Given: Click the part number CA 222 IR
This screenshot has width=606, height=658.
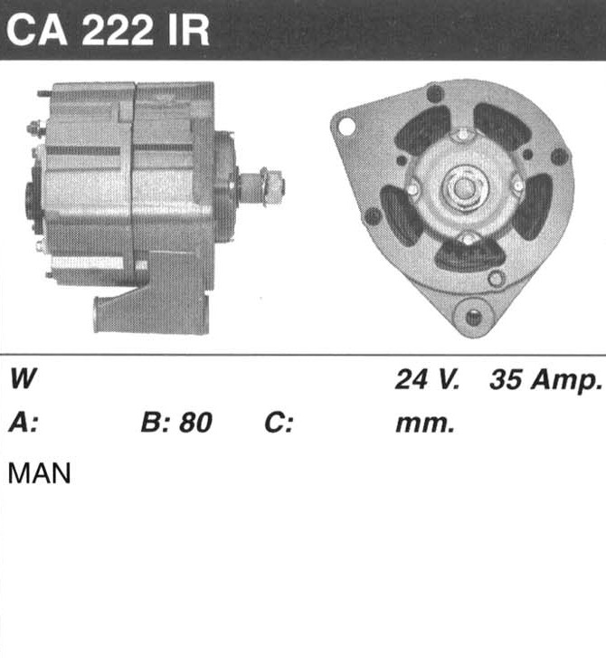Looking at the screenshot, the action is (108, 31).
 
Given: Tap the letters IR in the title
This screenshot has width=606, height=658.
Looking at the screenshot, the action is (188, 31).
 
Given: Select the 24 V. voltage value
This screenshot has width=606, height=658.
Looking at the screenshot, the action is (427, 379).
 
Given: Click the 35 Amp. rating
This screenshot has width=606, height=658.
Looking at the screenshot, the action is (545, 381).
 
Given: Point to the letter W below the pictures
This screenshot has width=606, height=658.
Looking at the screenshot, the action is (24, 378).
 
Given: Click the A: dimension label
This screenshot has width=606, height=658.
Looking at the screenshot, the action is (24, 422).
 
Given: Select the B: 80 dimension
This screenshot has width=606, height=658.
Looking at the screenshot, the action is (176, 422).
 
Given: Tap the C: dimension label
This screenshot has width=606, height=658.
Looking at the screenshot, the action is (278, 423).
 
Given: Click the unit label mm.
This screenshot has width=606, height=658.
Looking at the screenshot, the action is (425, 424).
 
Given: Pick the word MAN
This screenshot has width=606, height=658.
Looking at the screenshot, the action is (40, 473).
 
